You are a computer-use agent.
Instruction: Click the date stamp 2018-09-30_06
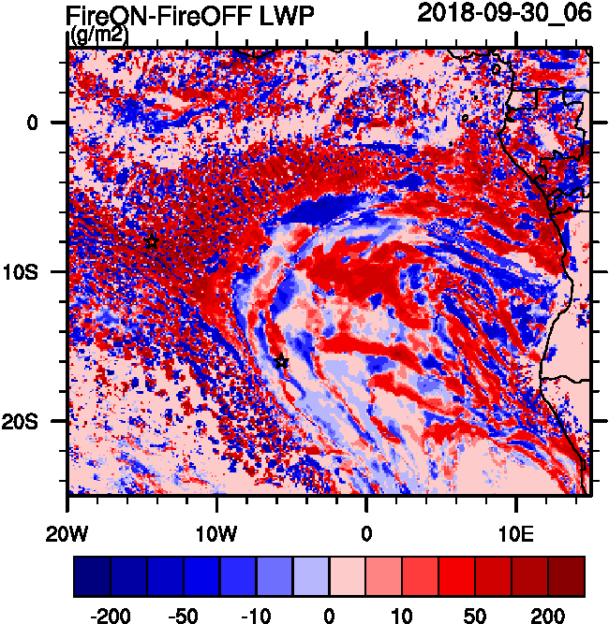point(504,14)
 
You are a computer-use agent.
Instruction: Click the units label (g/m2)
point(99,36)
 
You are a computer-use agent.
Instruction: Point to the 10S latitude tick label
point(39,271)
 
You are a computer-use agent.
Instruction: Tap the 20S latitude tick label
point(39,421)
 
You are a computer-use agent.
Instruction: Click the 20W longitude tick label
point(67,533)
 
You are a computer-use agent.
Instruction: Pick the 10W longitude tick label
point(217,533)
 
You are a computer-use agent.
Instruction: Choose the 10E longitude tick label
point(516,533)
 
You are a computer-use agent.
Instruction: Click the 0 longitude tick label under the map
point(366,533)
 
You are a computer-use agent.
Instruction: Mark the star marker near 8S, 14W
point(152,242)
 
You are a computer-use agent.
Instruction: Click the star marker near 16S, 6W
point(282,362)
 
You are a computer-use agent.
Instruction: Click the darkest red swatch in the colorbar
point(566,577)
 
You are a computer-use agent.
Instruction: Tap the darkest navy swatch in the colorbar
point(92,577)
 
